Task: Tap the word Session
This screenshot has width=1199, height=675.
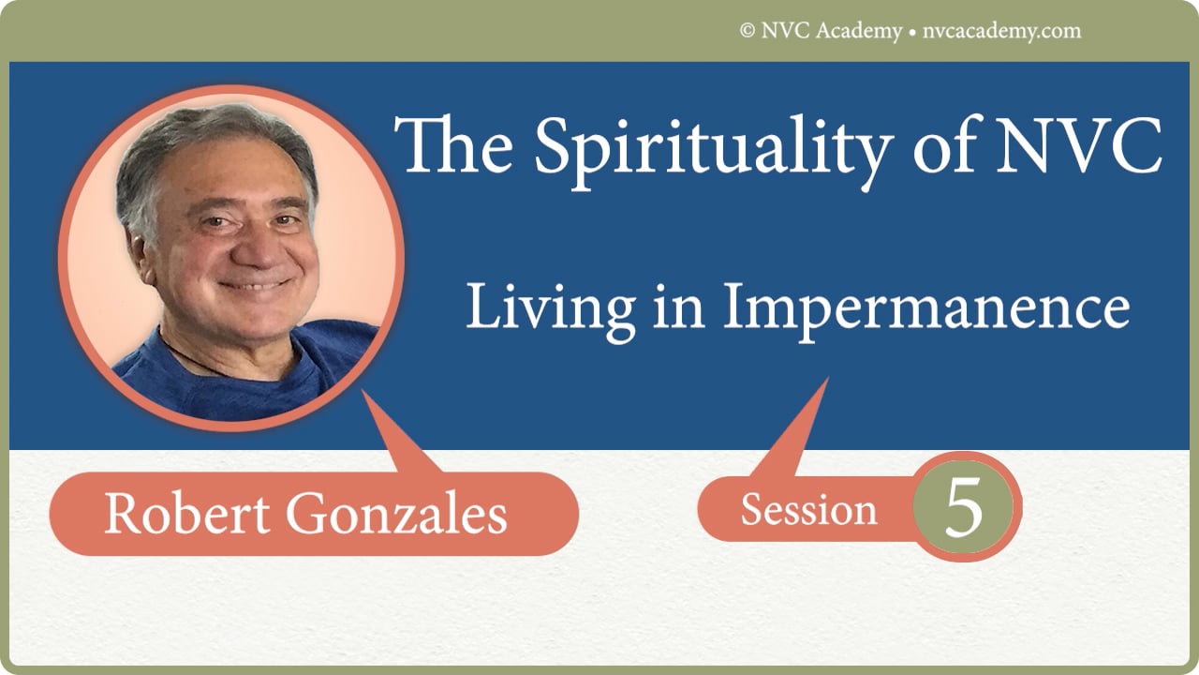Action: tap(808, 510)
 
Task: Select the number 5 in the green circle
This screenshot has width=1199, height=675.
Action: tap(963, 509)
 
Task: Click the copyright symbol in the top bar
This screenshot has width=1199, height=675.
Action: tap(748, 31)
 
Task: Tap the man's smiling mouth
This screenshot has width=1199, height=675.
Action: tap(251, 284)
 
